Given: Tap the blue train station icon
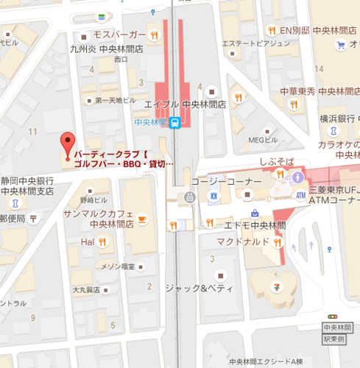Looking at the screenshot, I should [x=174, y=123].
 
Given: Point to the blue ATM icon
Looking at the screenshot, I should [x=300, y=195].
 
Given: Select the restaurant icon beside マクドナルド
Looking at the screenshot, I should [x=278, y=241].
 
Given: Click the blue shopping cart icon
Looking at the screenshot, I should [x=341, y=45].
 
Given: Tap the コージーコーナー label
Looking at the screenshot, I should [x=226, y=181].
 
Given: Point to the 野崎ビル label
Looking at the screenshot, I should [x=93, y=199].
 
